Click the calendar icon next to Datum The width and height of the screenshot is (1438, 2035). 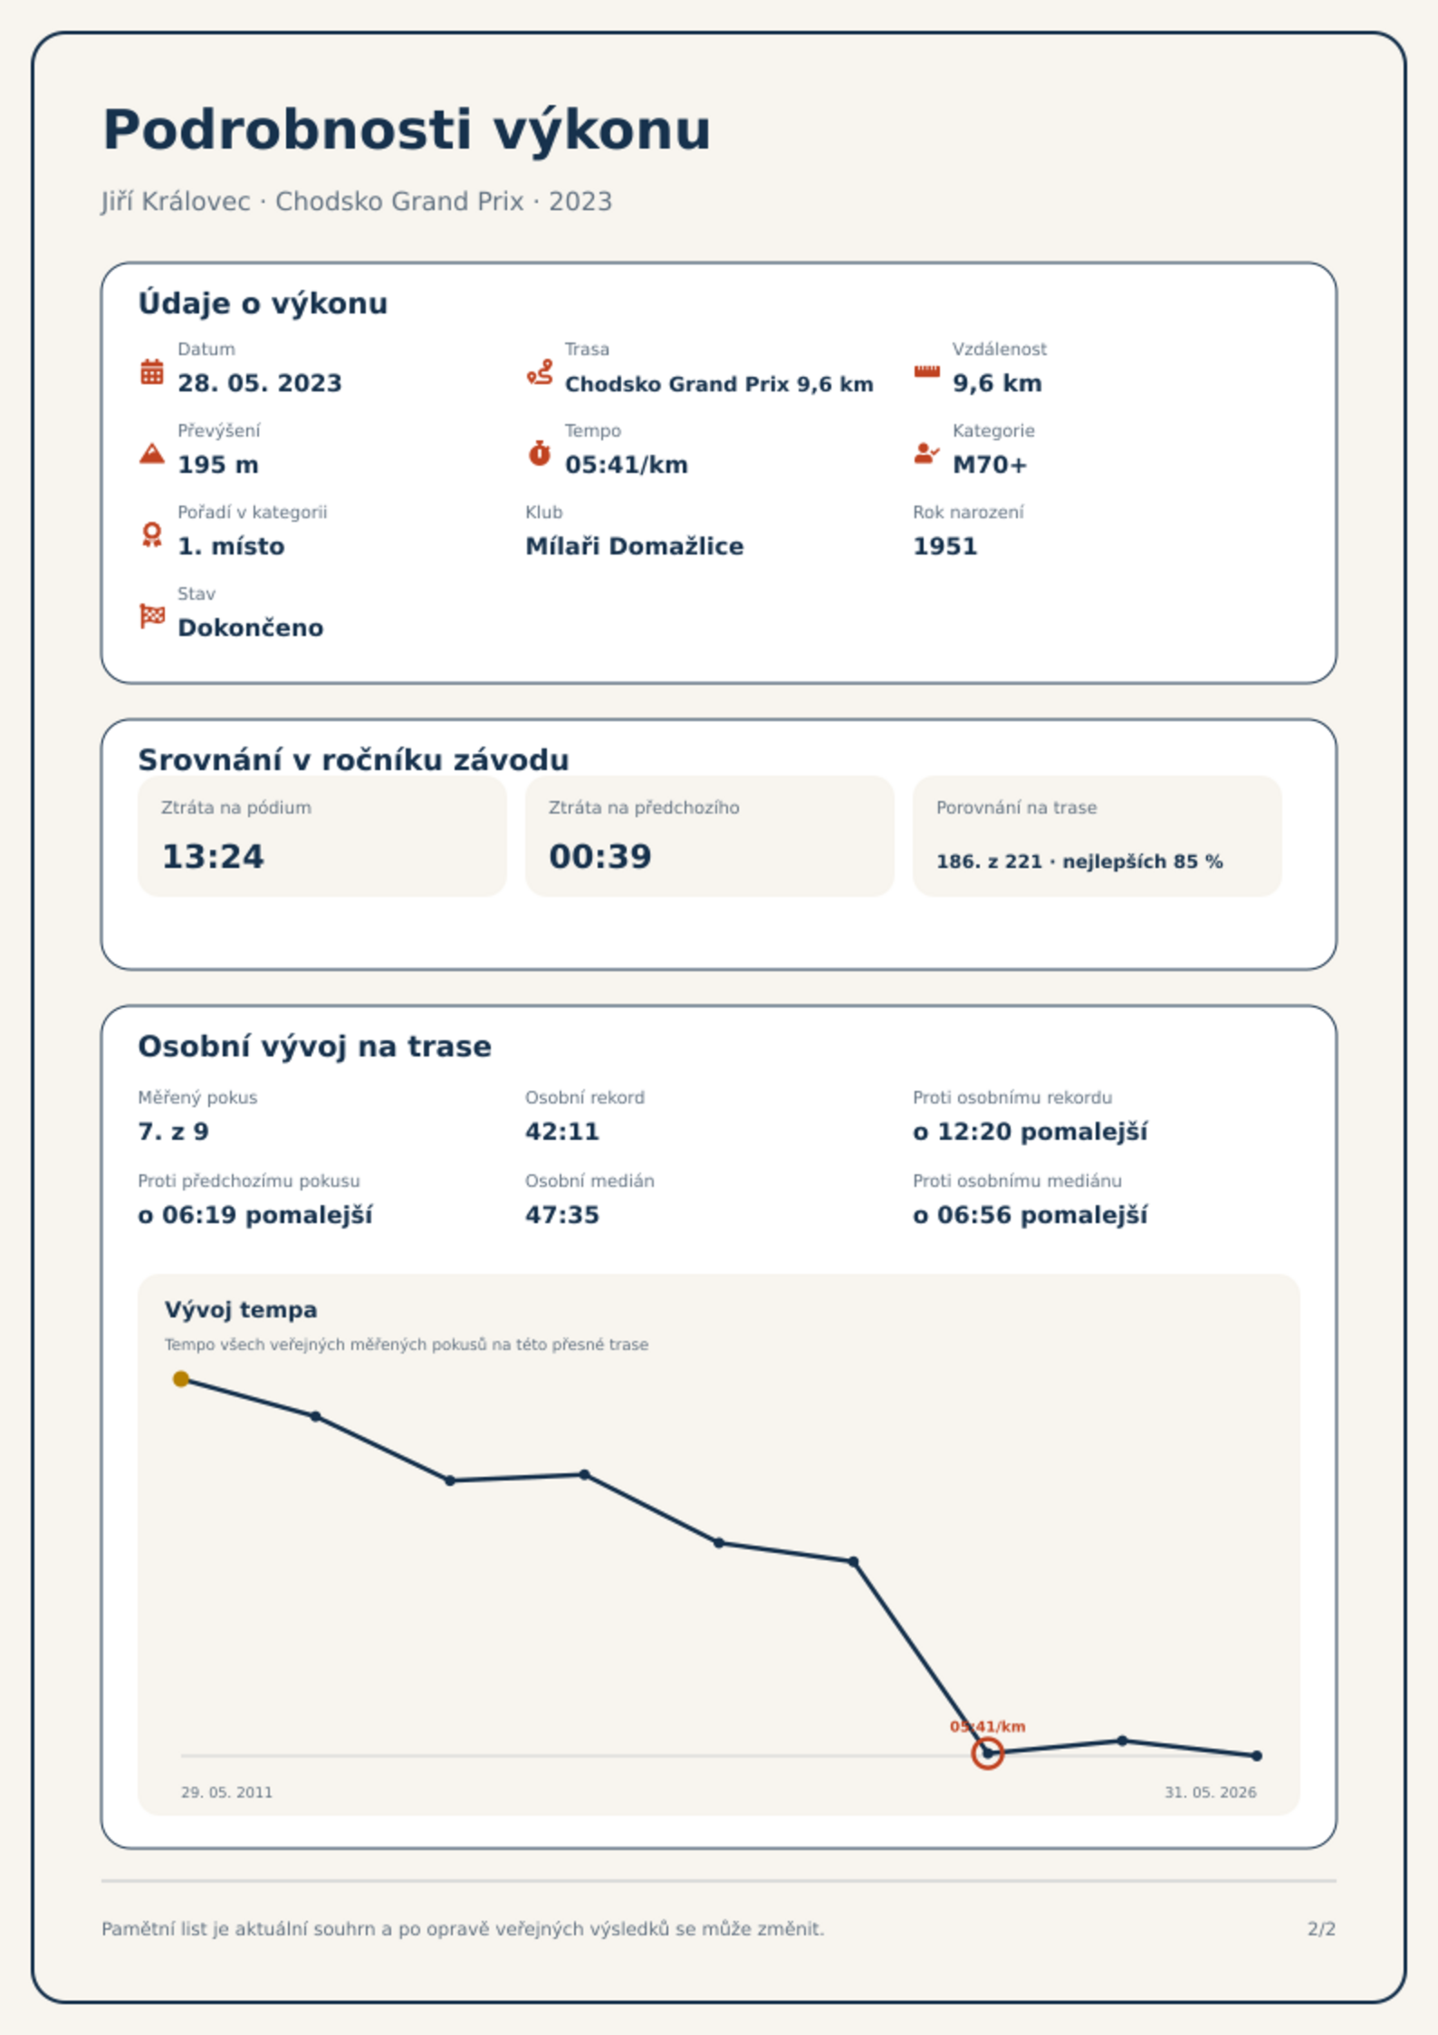[152, 371]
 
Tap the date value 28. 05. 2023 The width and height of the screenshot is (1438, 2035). [260, 383]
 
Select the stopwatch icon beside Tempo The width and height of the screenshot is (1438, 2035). [540, 453]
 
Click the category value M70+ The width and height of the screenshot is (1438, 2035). [990, 465]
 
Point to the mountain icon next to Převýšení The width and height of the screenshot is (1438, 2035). [152, 453]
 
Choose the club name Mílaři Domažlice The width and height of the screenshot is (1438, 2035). [635, 546]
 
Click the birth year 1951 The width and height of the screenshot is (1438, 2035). [945, 546]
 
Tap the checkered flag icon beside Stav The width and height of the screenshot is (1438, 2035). [152, 616]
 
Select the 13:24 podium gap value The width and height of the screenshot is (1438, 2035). [213, 856]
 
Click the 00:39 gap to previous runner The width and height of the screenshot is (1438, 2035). [600, 856]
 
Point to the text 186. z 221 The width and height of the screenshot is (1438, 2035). [989, 862]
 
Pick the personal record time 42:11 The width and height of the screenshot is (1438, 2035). [562, 1132]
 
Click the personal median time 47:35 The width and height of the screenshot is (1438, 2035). [562, 1215]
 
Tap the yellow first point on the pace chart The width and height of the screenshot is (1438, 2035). [181, 1379]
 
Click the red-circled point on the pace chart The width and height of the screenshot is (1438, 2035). [988, 1753]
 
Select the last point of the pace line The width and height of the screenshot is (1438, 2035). [1257, 1756]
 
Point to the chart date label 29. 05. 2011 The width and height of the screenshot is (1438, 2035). [226, 1792]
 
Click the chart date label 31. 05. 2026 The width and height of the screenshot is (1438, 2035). [1211, 1792]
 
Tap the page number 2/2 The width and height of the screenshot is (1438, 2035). [1321, 1929]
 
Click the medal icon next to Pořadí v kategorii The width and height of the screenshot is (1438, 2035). [152, 535]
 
